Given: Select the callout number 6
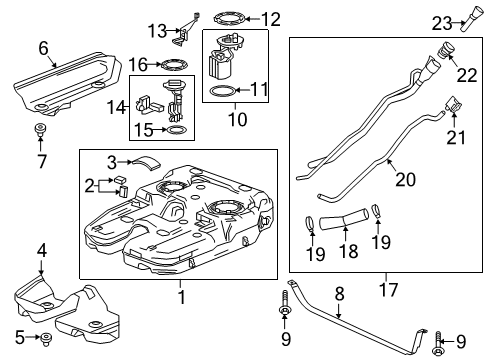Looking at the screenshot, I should pyautogui.click(x=42, y=48).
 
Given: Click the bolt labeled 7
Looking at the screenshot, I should pyautogui.click(x=42, y=130).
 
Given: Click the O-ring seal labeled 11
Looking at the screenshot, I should pyautogui.click(x=223, y=93).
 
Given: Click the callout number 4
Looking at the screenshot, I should pyautogui.click(x=41, y=250).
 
